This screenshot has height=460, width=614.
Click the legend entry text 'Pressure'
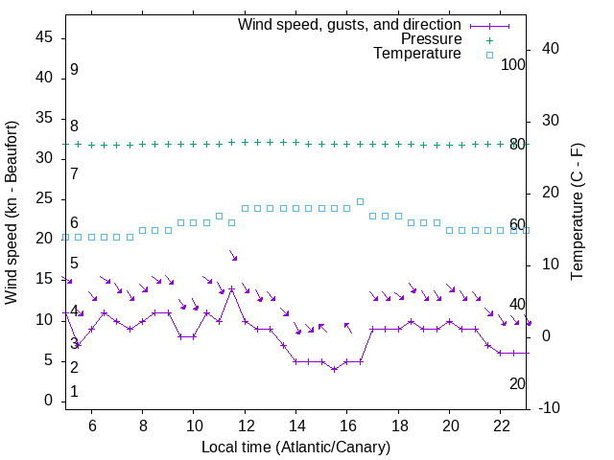pos(432,39)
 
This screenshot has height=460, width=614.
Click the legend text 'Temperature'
pos(417,55)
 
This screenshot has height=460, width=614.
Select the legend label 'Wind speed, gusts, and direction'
pos(349,24)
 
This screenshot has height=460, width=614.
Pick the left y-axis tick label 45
pos(44,37)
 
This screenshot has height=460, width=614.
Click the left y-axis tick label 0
pos(49,401)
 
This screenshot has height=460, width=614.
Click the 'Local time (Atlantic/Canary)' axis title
pos(295,447)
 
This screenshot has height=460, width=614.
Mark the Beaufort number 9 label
pos(74,70)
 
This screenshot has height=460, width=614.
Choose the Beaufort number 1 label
pos(74,391)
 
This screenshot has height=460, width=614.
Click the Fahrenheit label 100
pos(513,64)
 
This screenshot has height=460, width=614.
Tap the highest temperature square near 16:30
pos(360,201)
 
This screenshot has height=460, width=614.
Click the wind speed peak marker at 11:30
pos(231,288)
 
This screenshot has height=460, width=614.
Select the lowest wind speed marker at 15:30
pos(334,369)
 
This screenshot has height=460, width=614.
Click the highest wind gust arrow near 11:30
pos(233,255)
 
